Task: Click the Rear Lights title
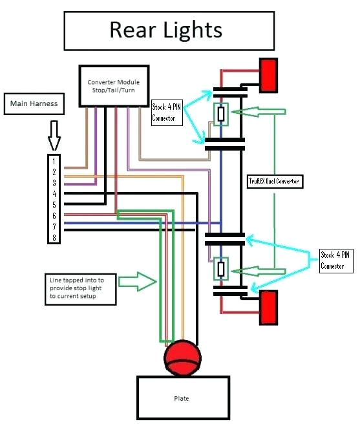point(166,30)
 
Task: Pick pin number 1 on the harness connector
point(54,160)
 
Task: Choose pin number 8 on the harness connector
point(54,237)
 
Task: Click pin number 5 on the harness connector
point(54,204)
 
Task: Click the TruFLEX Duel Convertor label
point(275,182)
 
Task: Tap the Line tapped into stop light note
point(80,288)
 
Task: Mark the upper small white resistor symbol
point(221,114)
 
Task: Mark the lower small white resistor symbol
point(221,268)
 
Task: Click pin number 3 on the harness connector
point(54,183)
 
